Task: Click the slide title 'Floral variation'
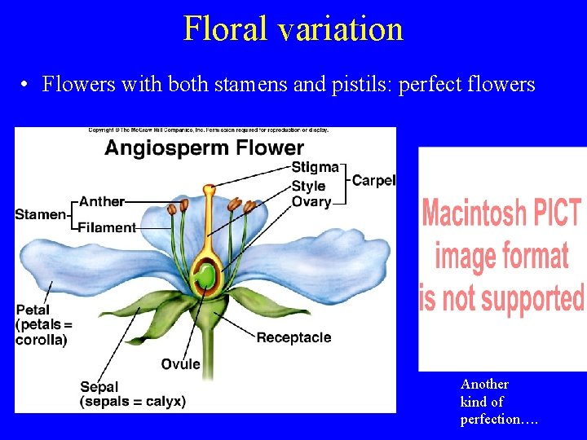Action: click(293, 29)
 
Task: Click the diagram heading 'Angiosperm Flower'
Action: click(204, 148)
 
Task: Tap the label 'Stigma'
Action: click(315, 167)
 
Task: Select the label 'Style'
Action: click(308, 186)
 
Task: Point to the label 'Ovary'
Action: click(311, 201)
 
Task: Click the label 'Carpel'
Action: click(373, 180)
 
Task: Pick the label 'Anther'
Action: click(102, 201)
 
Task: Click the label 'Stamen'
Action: click(40, 214)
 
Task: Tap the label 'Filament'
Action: click(107, 227)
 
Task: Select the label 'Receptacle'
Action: click(293, 337)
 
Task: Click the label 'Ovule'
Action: click(180, 363)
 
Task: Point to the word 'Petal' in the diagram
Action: click(33, 310)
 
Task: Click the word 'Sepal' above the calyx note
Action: click(99, 387)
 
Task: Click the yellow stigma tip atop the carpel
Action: click(210, 191)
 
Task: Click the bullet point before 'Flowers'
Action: click(27, 85)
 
